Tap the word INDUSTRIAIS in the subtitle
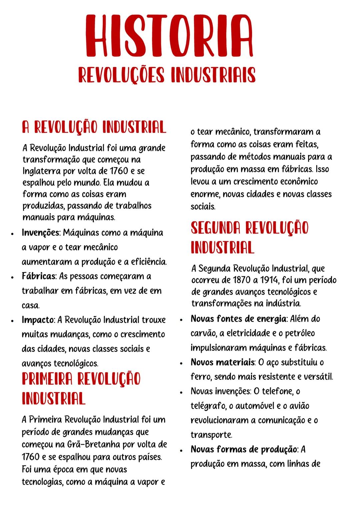click(213, 75)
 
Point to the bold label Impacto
click(38, 320)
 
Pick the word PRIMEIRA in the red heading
click(47, 379)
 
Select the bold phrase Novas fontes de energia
click(238, 319)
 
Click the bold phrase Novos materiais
click(222, 362)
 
